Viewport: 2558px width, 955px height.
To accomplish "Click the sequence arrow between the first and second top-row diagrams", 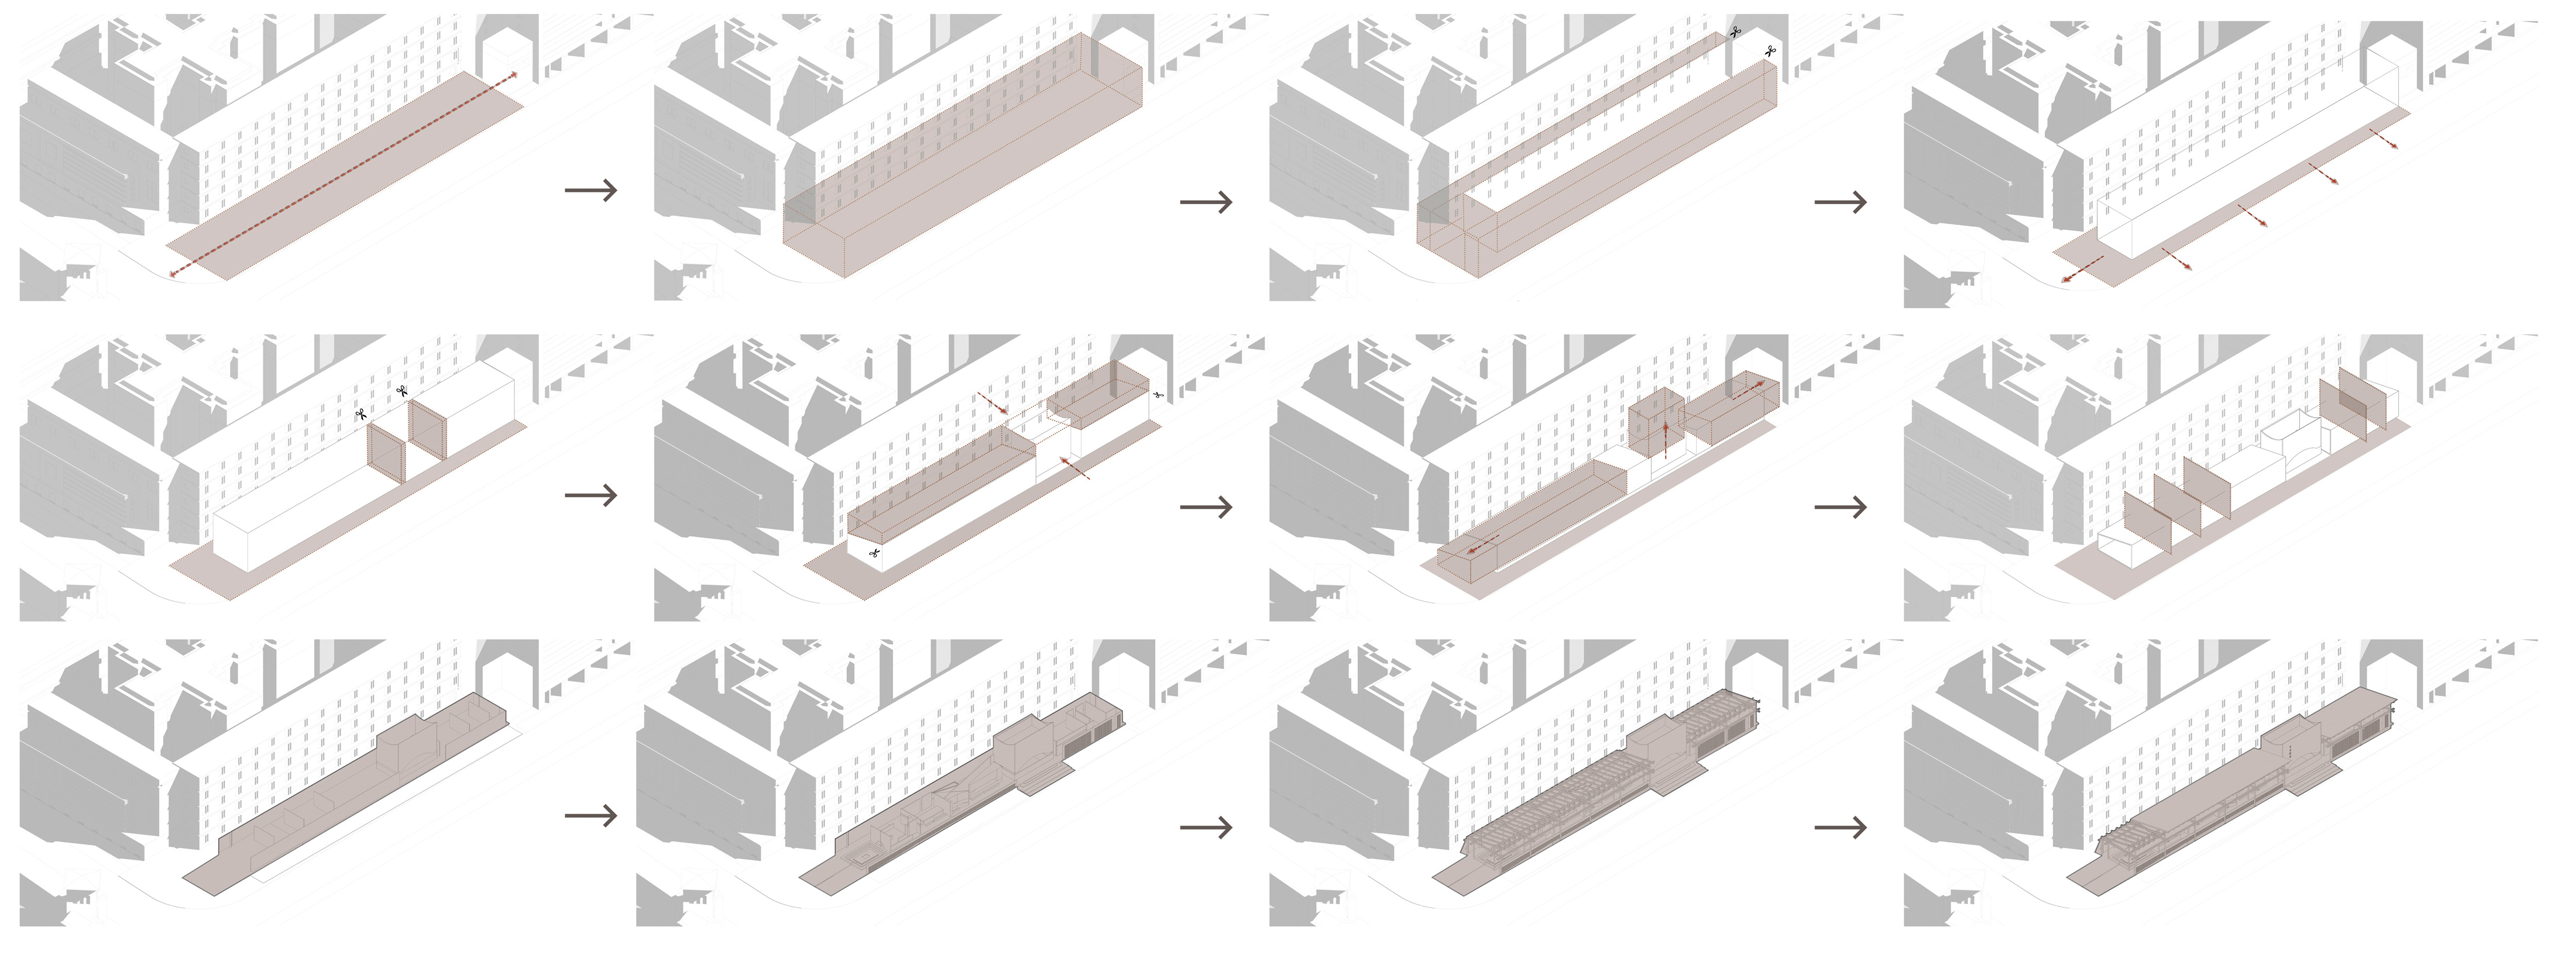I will (x=591, y=189).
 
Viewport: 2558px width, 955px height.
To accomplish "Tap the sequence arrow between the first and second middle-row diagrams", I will (x=591, y=494).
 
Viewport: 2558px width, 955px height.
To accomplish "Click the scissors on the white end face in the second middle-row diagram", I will (x=874, y=552).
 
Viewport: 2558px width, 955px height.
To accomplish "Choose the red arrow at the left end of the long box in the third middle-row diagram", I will (x=1482, y=545).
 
